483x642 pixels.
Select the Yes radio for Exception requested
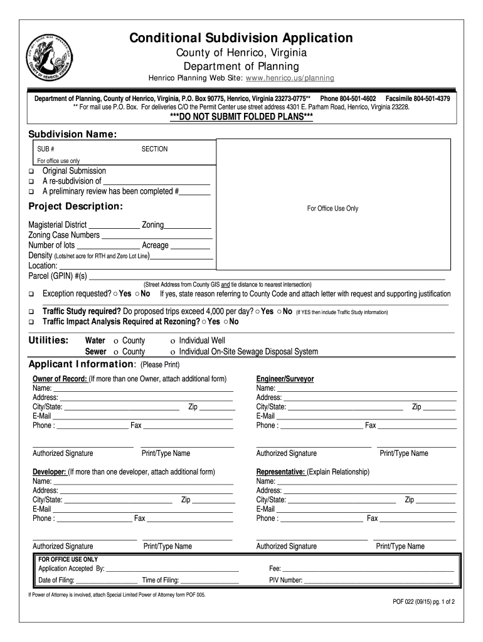tap(115, 294)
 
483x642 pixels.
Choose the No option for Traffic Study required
tap(278, 312)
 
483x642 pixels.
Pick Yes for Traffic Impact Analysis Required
tap(203, 322)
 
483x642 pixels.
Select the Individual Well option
tap(172, 340)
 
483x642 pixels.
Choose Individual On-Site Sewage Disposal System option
tap(172, 352)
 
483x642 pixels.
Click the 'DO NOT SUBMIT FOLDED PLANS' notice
tap(242, 119)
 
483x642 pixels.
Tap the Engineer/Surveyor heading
tap(285, 379)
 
